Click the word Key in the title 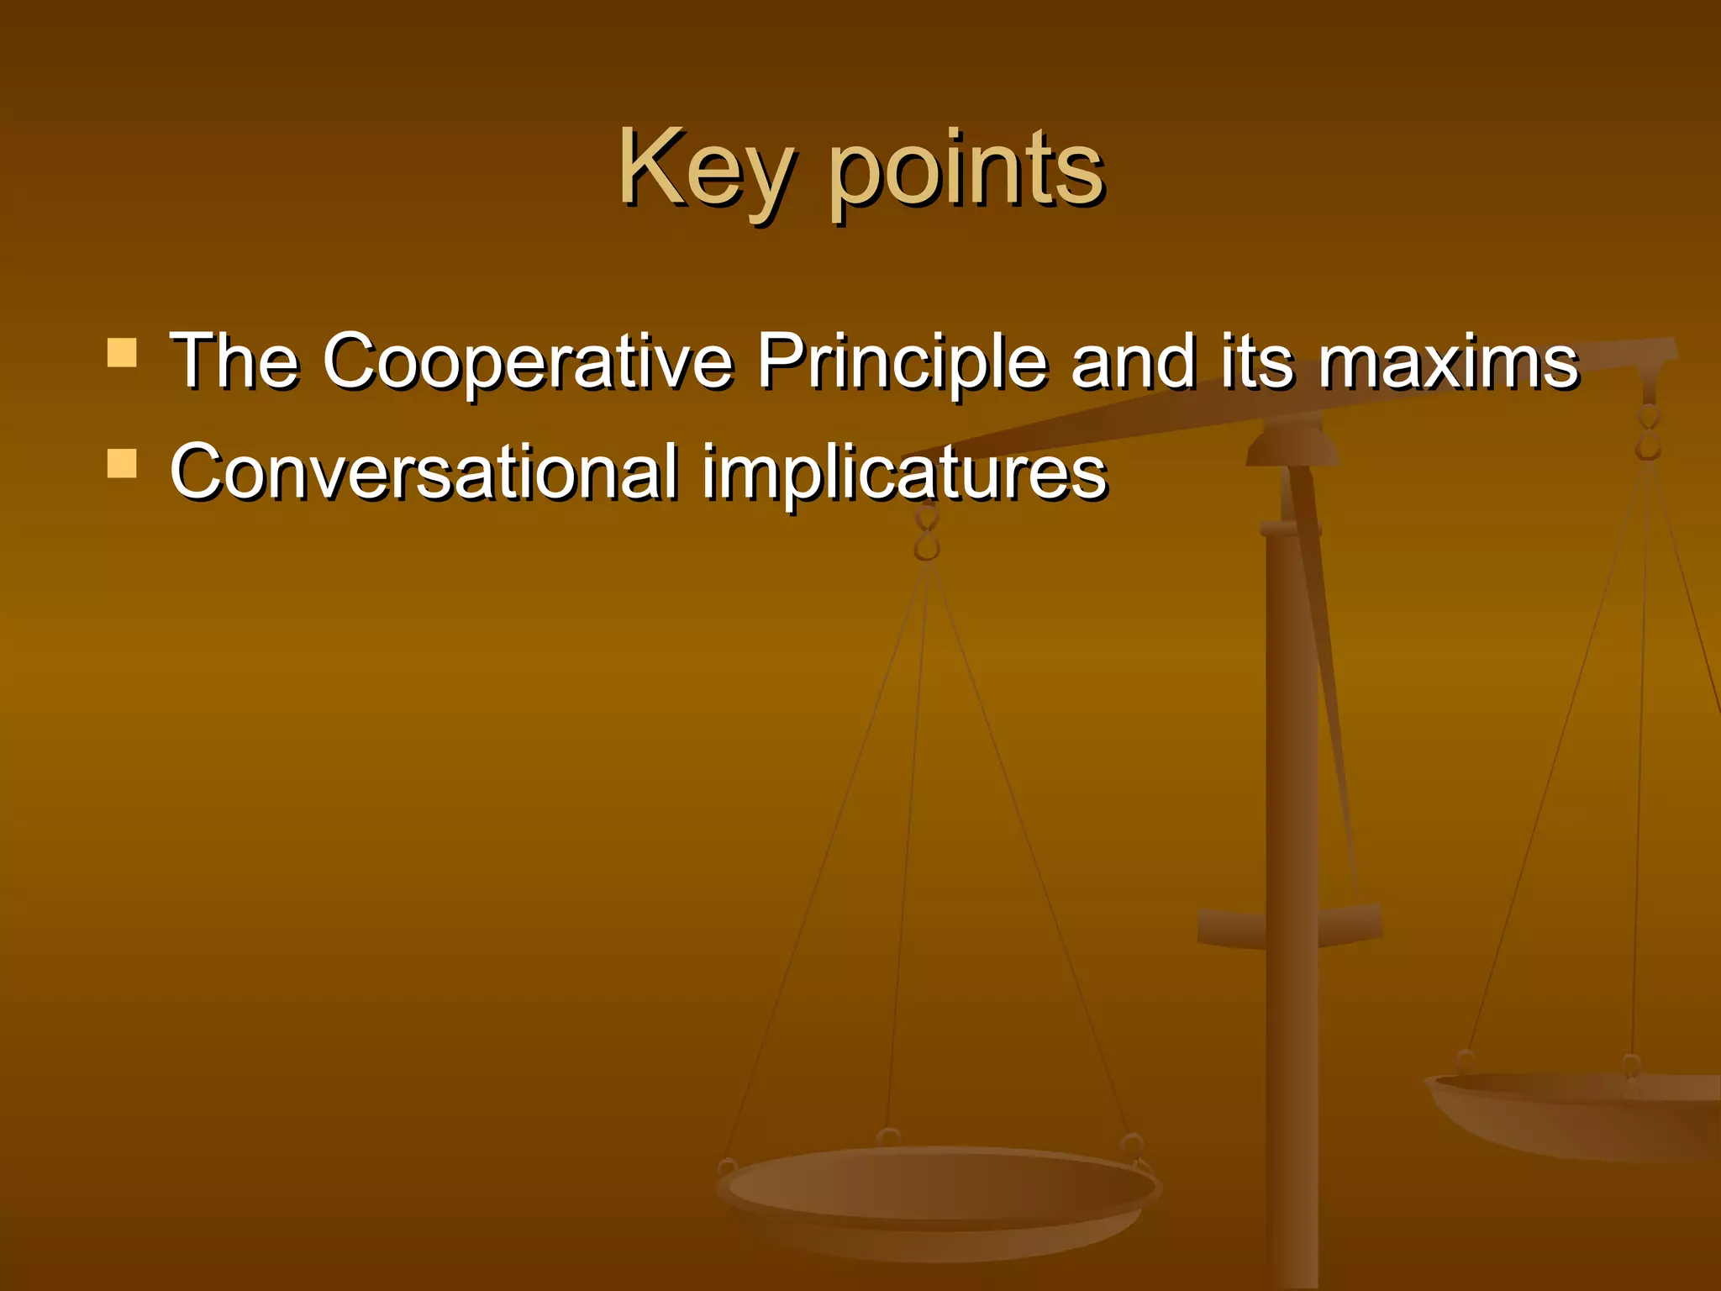pos(704,170)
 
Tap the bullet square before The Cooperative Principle pos(123,353)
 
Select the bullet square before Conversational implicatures pos(123,463)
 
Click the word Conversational pos(424,472)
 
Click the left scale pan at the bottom pos(937,1194)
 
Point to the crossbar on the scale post pos(1290,925)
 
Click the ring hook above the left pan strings pos(927,535)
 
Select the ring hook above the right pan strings pos(1649,431)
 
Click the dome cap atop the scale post pos(1292,445)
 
